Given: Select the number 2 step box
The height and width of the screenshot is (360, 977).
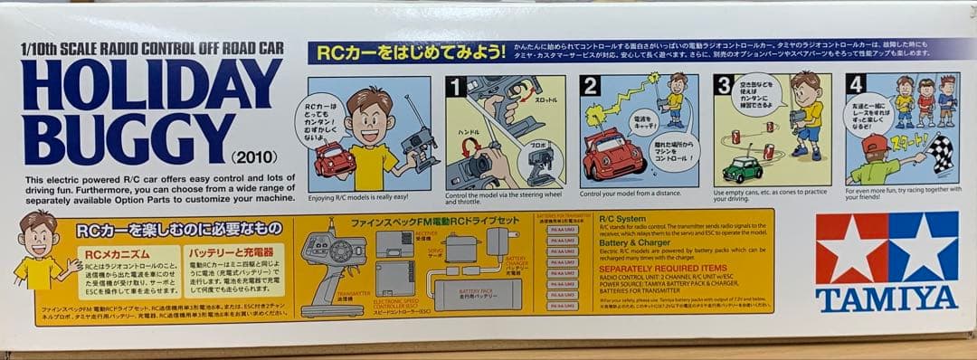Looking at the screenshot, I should (x=591, y=86).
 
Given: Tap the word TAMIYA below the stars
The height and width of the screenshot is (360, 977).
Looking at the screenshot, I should (x=887, y=299).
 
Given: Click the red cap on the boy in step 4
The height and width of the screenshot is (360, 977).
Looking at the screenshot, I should (x=873, y=143).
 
